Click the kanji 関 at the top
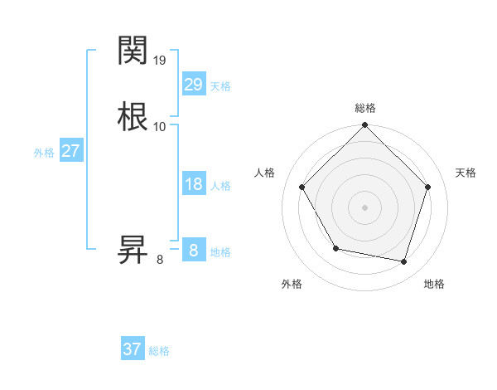click(x=133, y=51)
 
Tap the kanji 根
click(x=133, y=115)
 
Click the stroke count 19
click(x=161, y=60)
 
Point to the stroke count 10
click(x=160, y=126)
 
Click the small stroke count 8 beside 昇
click(x=160, y=260)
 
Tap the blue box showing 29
click(x=193, y=84)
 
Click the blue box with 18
click(x=193, y=184)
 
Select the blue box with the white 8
click(x=193, y=250)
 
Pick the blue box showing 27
click(x=70, y=151)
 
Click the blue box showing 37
click(x=133, y=349)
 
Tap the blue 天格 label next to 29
click(x=220, y=85)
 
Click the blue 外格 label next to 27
click(x=44, y=153)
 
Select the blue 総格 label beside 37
click(x=159, y=351)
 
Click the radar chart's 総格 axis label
click(x=365, y=108)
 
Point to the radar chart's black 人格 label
click(x=264, y=173)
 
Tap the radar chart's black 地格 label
click(x=434, y=284)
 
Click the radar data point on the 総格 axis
click(x=365, y=125)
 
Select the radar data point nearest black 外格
click(x=335, y=248)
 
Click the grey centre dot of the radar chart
click(x=365, y=207)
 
